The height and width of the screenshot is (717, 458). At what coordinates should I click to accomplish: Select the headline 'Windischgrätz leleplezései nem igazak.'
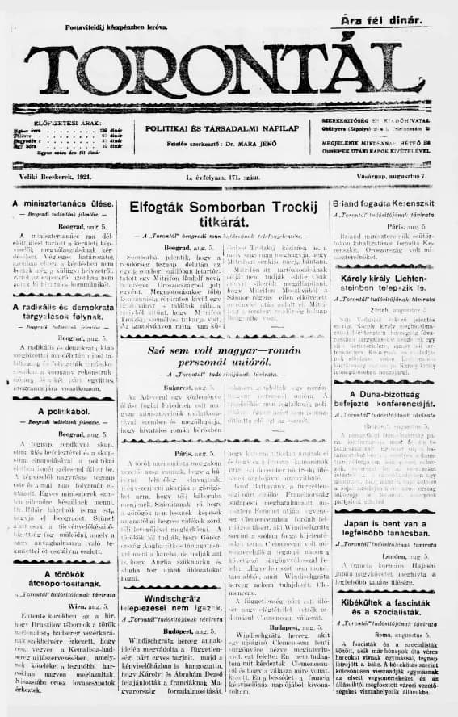point(168,581)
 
